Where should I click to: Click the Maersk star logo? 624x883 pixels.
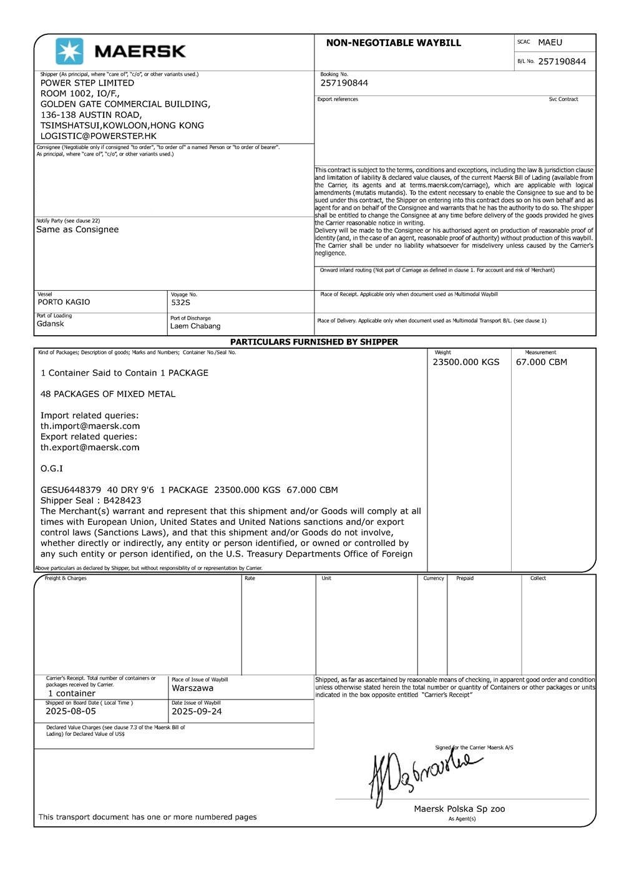click(x=69, y=51)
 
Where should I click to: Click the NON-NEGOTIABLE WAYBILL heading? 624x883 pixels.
click(x=393, y=43)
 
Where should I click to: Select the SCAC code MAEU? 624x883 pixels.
click(x=550, y=42)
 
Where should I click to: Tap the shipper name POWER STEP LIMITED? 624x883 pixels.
click(x=87, y=83)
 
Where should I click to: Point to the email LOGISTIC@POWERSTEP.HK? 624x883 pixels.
click(x=99, y=136)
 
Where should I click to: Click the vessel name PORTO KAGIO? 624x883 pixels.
click(x=64, y=302)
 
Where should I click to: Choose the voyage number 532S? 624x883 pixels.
click(x=180, y=303)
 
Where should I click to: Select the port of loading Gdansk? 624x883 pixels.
click(x=50, y=324)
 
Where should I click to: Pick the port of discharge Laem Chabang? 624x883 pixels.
click(x=195, y=326)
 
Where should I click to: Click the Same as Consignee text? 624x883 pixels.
click(x=77, y=230)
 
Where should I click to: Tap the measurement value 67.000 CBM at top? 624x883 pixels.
click(x=541, y=362)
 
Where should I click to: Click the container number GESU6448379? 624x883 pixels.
click(x=71, y=490)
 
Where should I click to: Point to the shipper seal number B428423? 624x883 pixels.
click(x=122, y=500)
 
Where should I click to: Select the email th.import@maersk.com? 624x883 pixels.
click(x=90, y=426)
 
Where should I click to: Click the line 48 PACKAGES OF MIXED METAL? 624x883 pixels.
click(x=108, y=394)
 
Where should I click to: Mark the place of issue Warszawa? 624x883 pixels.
click(x=192, y=688)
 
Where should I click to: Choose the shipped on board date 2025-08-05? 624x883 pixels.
click(x=71, y=711)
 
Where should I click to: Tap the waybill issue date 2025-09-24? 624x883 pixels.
click(x=197, y=711)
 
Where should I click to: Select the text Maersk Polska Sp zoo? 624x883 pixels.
click(x=459, y=809)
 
